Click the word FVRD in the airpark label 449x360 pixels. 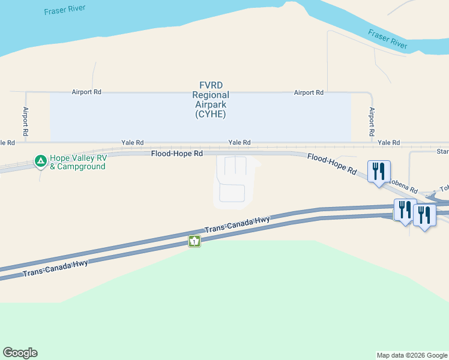pyautogui.click(x=211, y=86)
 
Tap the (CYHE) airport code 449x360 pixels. pyautogui.click(x=210, y=114)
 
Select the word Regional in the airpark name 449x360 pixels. pyautogui.click(x=210, y=95)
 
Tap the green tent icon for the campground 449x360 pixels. pyautogui.click(x=40, y=161)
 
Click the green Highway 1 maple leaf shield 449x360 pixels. pyautogui.click(x=194, y=241)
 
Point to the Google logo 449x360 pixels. pyautogui.click(x=20, y=353)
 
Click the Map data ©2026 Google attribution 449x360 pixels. pyautogui.click(x=412, y=355)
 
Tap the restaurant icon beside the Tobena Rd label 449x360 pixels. pyautogui.click(x=379, y=172)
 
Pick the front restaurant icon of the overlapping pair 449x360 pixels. pyautogui.click(x=424, y=215)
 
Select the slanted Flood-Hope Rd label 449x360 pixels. pyautogui.click(x=331, y=163)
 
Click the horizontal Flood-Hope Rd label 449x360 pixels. pyautogui.click(x=176, y=154)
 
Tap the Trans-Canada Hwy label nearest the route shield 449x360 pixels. pyautogui.click(x=238, y=224)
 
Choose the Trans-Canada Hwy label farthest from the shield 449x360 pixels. pyautogui.click(x=55, y=268)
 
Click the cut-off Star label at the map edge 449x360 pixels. pyautogui.click(x=442, y=152)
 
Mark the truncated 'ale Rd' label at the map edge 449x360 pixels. pyautogui.click(x=7, y=143)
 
